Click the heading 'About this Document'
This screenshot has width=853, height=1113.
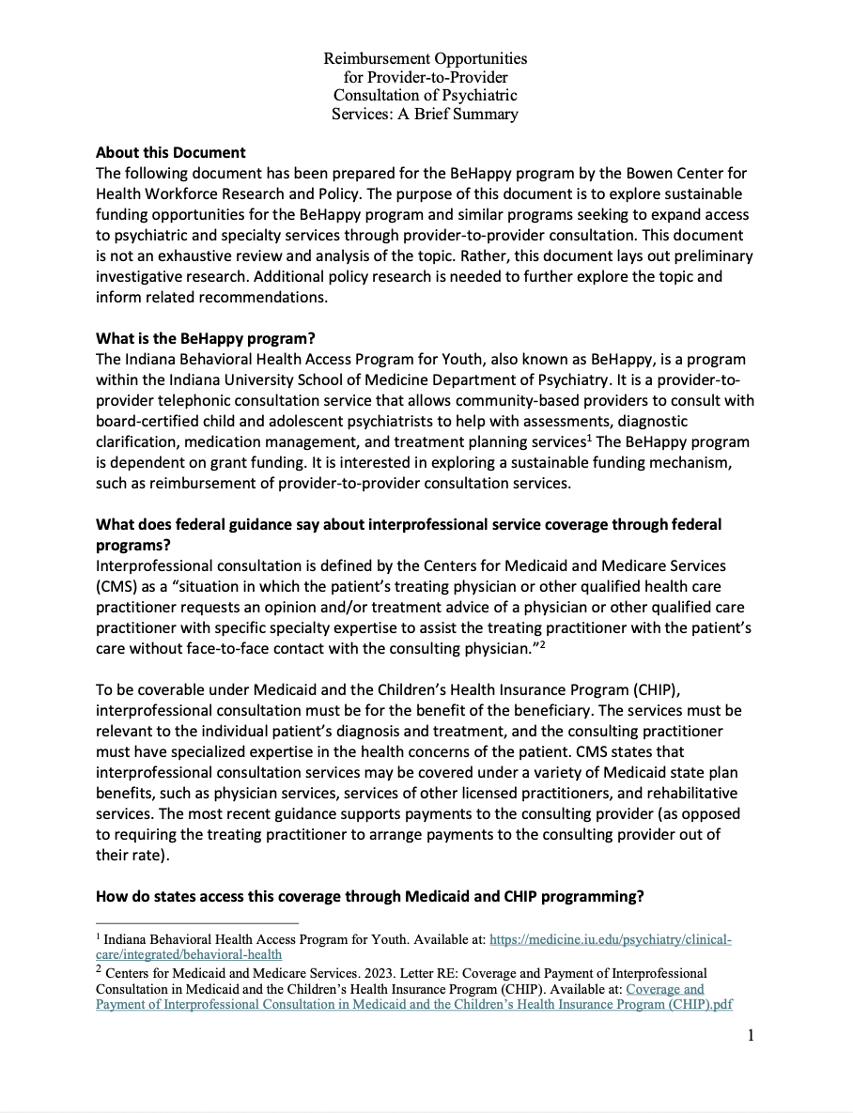[x=171, y=152]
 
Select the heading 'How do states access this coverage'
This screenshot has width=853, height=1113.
[x=369, y=896]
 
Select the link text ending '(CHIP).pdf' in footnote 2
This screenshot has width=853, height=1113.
[x=414, y=1005]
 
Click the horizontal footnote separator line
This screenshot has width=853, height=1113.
[x=196, y=922]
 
